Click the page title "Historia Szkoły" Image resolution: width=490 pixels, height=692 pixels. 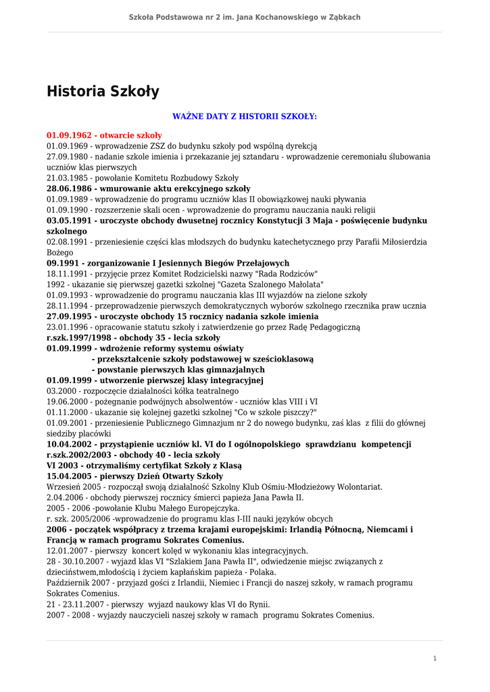103,91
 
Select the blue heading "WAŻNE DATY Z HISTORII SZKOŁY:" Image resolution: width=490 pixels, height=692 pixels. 245,116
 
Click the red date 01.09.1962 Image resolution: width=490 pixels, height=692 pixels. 69,135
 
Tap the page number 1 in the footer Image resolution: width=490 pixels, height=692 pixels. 435,658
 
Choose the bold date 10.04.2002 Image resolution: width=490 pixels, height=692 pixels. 70,444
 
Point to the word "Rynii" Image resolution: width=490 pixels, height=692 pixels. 258,604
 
